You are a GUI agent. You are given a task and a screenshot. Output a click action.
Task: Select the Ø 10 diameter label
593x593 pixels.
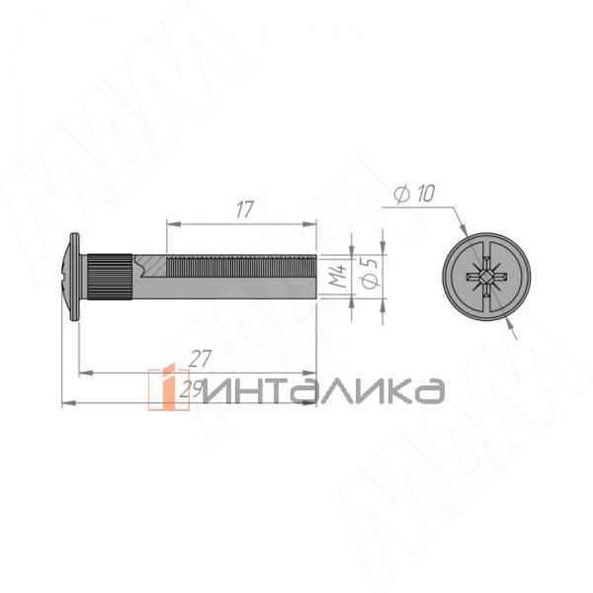412,195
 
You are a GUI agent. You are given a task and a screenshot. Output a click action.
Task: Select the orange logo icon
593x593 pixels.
162,388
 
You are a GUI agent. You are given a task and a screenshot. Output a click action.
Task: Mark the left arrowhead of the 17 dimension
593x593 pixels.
169,223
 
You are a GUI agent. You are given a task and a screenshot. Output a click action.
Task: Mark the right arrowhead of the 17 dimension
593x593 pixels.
311,223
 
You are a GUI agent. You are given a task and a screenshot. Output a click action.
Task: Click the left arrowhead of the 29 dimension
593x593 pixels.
66,403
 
